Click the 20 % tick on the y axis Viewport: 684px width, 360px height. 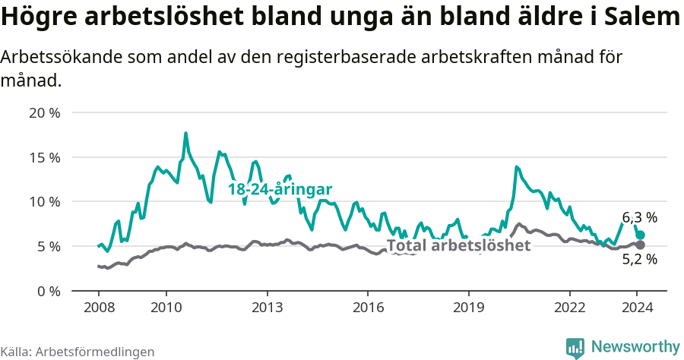pyautogui.click(x=45, y=113)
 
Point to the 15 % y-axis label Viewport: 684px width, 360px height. pyautogui.click(x=45, y=158)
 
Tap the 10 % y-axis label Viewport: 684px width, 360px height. pyautogui.click(x=45, y=202)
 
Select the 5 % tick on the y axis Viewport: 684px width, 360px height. pyautogui.click(x=49, y=247)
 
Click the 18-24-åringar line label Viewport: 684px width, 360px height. pyautogui.click(x=280, y=189)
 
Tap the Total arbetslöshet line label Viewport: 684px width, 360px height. pyautogui.click(x=458, y=245)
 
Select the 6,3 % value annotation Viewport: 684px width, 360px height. pyautogui.click(x=639, y=218)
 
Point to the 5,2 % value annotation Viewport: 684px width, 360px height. pyautogui.click(x=639, y=259)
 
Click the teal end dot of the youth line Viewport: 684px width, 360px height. pyautogui.click(x=641, y=235)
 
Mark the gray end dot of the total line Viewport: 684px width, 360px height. pyautogui.click(x=641, y=245)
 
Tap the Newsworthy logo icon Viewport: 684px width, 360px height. pyautogui.click(x=575, y=347)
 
